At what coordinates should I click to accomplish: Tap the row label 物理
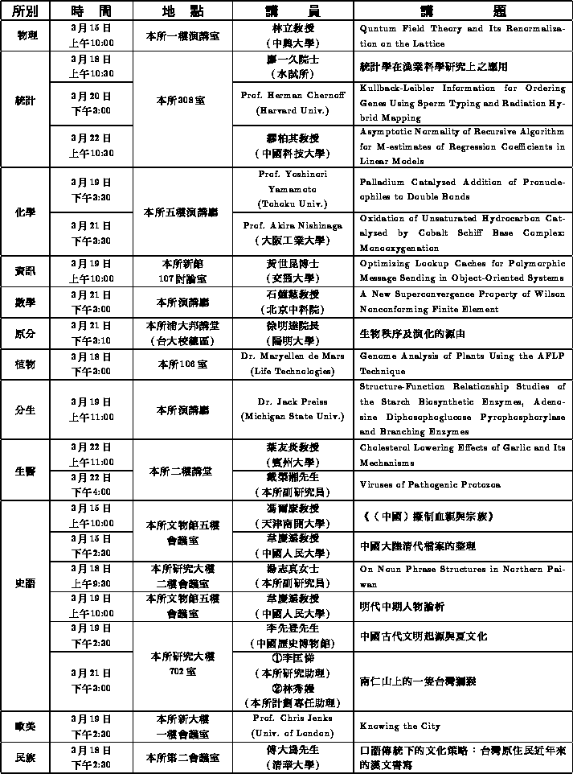point(26,36)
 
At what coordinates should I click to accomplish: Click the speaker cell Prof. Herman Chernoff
point(293,102)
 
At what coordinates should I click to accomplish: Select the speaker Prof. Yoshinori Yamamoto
point(293,189)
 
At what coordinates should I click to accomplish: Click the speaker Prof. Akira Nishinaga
point(293,233)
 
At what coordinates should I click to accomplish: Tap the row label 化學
point(26,212)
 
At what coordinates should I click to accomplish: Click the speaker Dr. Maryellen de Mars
point(293,363)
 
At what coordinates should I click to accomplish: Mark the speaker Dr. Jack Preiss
point(293,409)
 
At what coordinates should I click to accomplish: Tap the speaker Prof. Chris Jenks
point(293,725)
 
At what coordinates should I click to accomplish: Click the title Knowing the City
point(400,726)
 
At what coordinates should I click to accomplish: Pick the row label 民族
point(26,757)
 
